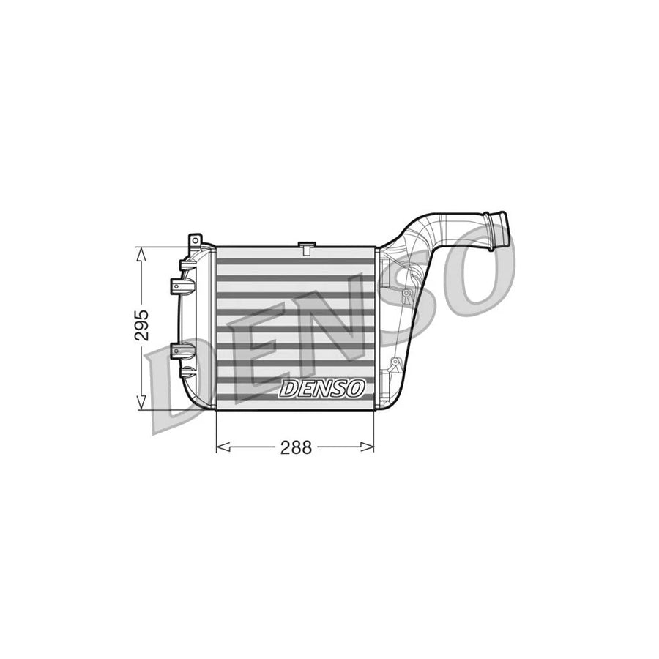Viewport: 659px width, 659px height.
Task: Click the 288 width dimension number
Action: click(296, 447)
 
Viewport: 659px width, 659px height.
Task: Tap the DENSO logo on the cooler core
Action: click(321, 389)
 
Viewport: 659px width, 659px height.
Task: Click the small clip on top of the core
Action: click(306, 247)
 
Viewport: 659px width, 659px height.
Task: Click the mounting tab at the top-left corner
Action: click(195, 242)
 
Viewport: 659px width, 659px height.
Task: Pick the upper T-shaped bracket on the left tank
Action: click(180, 285)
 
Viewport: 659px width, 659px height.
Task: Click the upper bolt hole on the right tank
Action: click(405, 294)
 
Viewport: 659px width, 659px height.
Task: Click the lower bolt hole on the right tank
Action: click(395, 362)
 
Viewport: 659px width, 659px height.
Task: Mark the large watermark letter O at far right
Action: click(476, 271)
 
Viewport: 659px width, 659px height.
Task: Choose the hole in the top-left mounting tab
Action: click(195, 239)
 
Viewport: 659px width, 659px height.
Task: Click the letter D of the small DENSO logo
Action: click(287, 390)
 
